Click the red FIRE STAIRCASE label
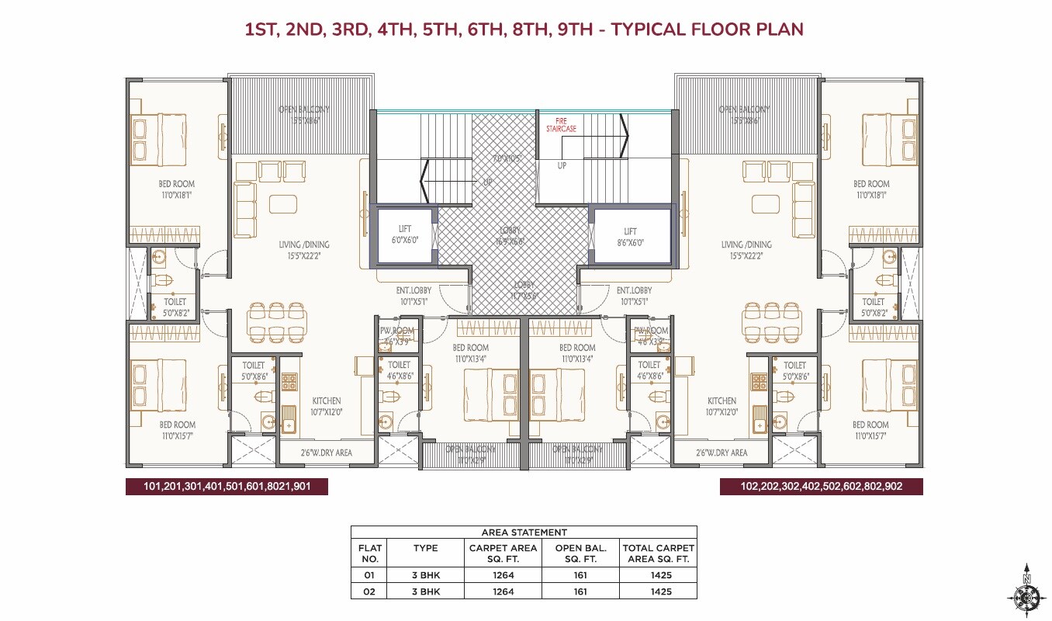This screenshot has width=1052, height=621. point(560,125)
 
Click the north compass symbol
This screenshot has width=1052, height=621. point(1026,593)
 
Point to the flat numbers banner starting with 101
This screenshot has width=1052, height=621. point(227,487)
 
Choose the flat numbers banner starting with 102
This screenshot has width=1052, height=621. point(821,487)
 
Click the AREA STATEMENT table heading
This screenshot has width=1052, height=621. point(524,533)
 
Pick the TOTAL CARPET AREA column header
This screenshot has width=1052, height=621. point(658,553)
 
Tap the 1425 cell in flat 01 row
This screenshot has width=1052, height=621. point(658,575)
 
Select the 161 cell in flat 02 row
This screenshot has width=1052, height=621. point(580,592)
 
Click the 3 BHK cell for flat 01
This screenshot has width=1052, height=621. point(425,575)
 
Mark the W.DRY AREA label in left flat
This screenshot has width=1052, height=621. point(327,453)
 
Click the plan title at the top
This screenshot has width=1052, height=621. point(524,29)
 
